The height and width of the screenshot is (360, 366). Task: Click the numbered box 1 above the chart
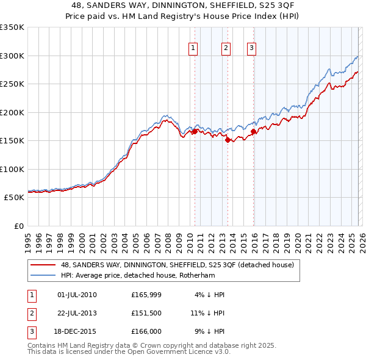[193, 48]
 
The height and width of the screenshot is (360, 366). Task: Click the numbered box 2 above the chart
[226, 48]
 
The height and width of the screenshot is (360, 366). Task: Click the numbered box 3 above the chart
[251, 48]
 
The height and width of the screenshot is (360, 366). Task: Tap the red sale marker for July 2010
[195, 131]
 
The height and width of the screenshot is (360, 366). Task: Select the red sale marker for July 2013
[228, 140]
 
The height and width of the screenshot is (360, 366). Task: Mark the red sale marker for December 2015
[254, 131]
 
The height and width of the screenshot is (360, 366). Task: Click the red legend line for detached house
[43, 265]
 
